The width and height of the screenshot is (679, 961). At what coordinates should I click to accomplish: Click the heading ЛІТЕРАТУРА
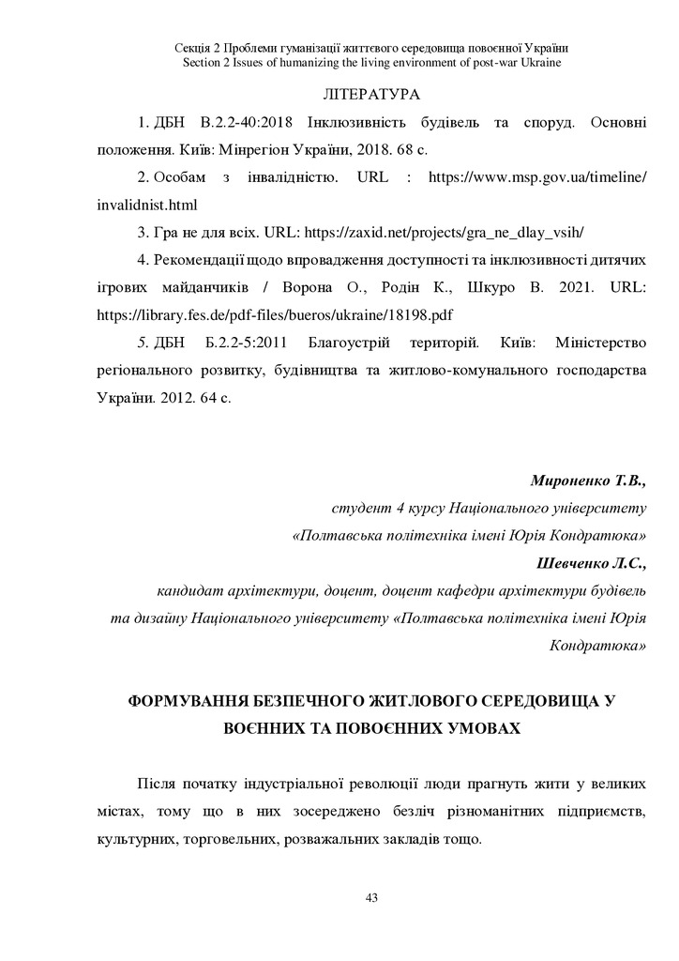pos(370,96)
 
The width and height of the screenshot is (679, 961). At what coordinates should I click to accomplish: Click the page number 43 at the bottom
pos(370,898)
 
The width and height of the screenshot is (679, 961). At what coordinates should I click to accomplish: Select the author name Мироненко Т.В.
pos(589,481)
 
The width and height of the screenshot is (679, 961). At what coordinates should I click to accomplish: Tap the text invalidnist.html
pos(146,204)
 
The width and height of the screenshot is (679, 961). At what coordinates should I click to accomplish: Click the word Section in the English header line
pos(204,62)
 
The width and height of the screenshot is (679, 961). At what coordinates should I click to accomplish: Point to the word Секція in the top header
pos(194,47)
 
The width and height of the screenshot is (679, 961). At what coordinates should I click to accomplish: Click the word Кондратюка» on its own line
pos(598,647)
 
